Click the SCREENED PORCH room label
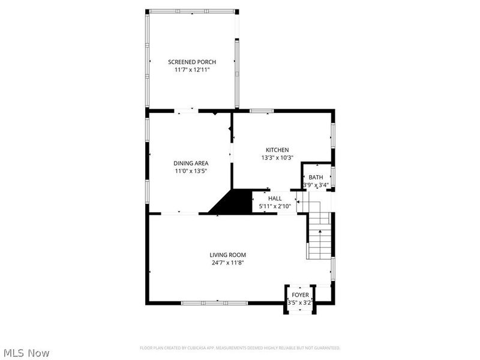point(192,62)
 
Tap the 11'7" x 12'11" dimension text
point(192,70)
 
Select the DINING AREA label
point(191,163)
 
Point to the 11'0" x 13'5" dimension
point(191,171)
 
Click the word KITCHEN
point(278,150)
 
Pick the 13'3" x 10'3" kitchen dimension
point(278,158)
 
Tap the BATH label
point(316,177)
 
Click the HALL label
point(275,198)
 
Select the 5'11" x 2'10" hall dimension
point(275,206)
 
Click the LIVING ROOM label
point(227,254)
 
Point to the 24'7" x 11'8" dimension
point(227,262)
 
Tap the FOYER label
point(300,295)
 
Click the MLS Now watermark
point(26,353)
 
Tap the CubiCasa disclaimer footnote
point(240,348)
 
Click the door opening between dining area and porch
point(185,110)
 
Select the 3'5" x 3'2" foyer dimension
point(300,303)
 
